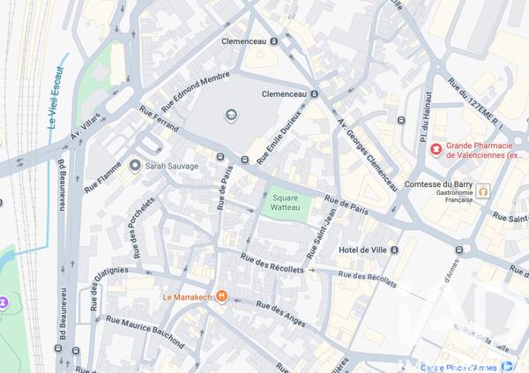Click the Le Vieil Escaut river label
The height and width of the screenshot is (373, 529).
(56, 98)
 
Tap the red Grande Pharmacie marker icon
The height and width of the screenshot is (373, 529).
(435, 148)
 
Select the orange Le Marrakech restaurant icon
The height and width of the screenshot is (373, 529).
(222, 297)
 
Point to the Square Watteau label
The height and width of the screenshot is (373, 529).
(291, 204)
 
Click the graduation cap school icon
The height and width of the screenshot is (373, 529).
(231, 115)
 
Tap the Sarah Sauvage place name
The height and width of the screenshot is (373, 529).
(172, 166)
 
